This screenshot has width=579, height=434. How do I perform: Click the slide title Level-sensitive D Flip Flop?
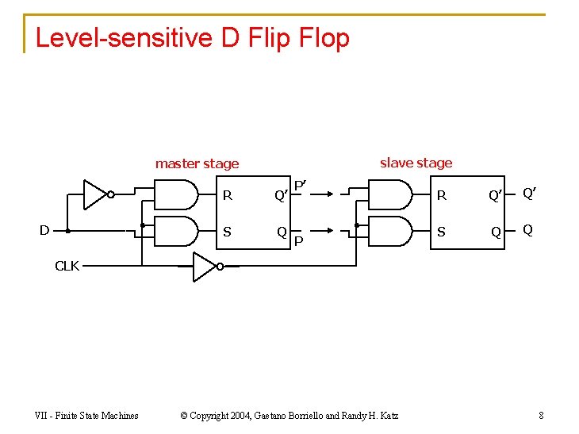(x=192, y=37)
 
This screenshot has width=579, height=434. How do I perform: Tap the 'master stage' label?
(x=197, y=164)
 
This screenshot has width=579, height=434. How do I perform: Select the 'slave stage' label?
(x=416, y=163)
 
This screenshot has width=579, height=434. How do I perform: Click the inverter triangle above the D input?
(x=96, y=194)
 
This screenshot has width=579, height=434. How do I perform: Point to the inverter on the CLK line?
(x=205, y=267)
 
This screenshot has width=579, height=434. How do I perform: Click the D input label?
(x=44, y=230)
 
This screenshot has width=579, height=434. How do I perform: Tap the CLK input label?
(x=67, y=266)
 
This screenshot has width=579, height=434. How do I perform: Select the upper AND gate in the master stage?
(x=176, y=194)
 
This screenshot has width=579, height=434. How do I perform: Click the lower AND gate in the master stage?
(x=176, y=231)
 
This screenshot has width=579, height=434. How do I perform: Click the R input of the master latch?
(x=228, y=195)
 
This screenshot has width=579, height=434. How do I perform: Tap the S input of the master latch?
(x=228, y=232)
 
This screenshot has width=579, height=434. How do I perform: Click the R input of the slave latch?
(x=443, y=195)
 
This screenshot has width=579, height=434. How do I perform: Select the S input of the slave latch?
(x=443, y=232)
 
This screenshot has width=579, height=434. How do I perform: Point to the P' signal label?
(x=301, y=186)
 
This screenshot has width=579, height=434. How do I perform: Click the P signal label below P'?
(x=299, y=240)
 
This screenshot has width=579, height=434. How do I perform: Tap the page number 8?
(x=540, y=415)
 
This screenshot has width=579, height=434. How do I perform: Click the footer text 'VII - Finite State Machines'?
(x=86, y=415)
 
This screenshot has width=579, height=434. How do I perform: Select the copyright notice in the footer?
(x=289, y=415)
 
